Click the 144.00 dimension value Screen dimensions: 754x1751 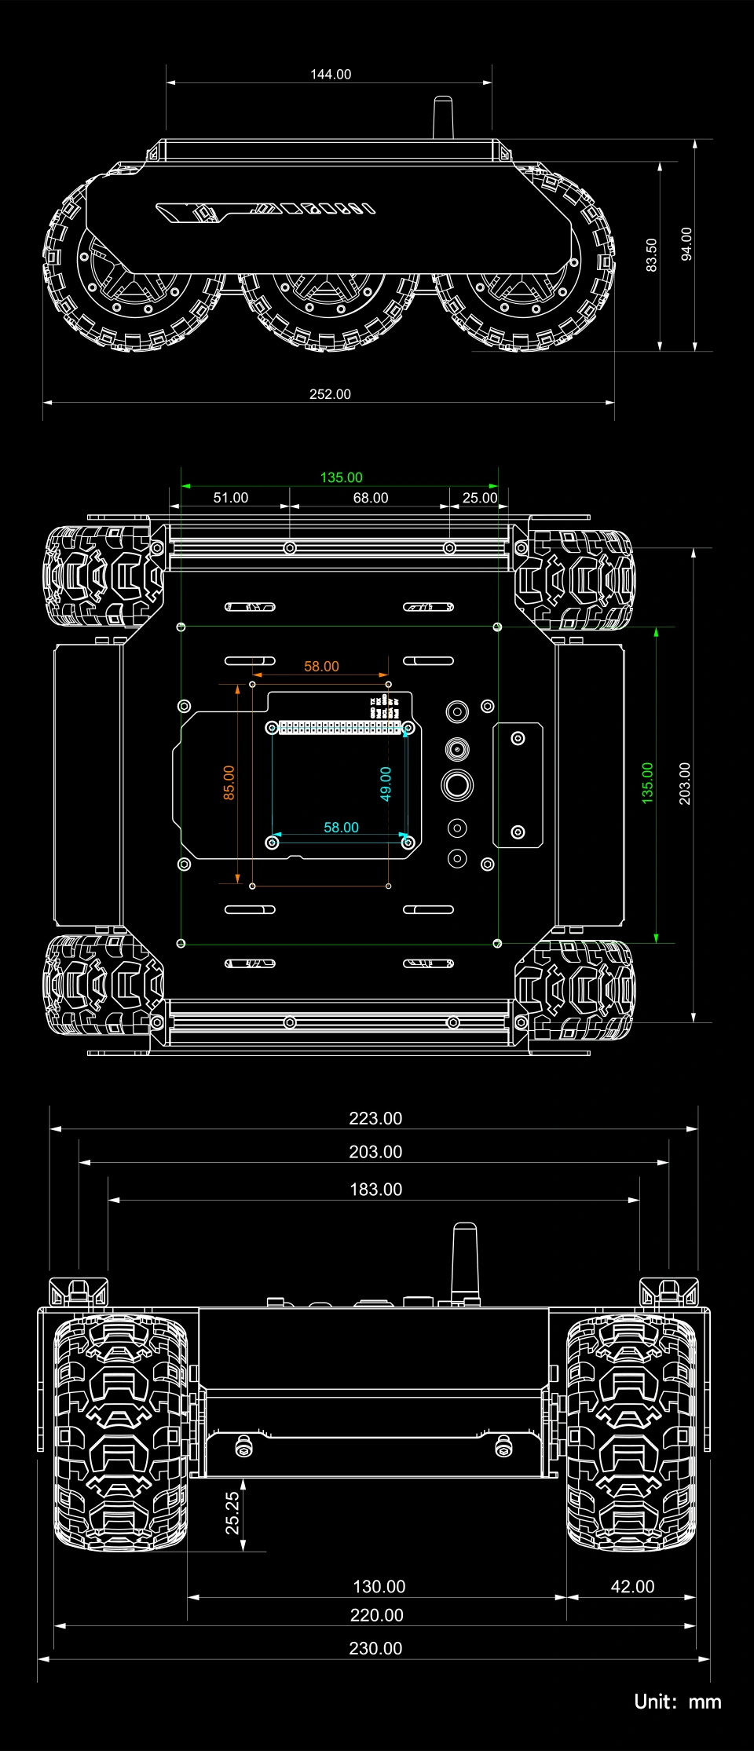331,75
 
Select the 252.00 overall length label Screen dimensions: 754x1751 330,394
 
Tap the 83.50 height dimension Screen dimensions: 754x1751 651,255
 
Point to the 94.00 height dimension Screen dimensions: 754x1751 686,244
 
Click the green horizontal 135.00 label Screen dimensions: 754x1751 341,477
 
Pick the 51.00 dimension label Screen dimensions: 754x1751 231,498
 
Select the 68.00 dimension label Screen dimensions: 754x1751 371,498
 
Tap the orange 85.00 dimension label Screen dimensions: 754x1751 229,783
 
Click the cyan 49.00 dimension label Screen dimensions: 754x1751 386,784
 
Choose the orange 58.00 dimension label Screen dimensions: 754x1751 321,667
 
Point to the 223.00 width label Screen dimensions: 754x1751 375,1118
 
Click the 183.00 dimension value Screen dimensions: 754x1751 375,1190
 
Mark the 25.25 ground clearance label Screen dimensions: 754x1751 232,1513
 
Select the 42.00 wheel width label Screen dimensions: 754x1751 632,1587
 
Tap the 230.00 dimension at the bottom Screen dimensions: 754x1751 375,1649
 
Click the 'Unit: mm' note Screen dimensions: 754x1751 678,1702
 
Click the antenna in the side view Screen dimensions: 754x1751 443,118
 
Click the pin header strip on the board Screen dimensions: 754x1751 339,728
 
